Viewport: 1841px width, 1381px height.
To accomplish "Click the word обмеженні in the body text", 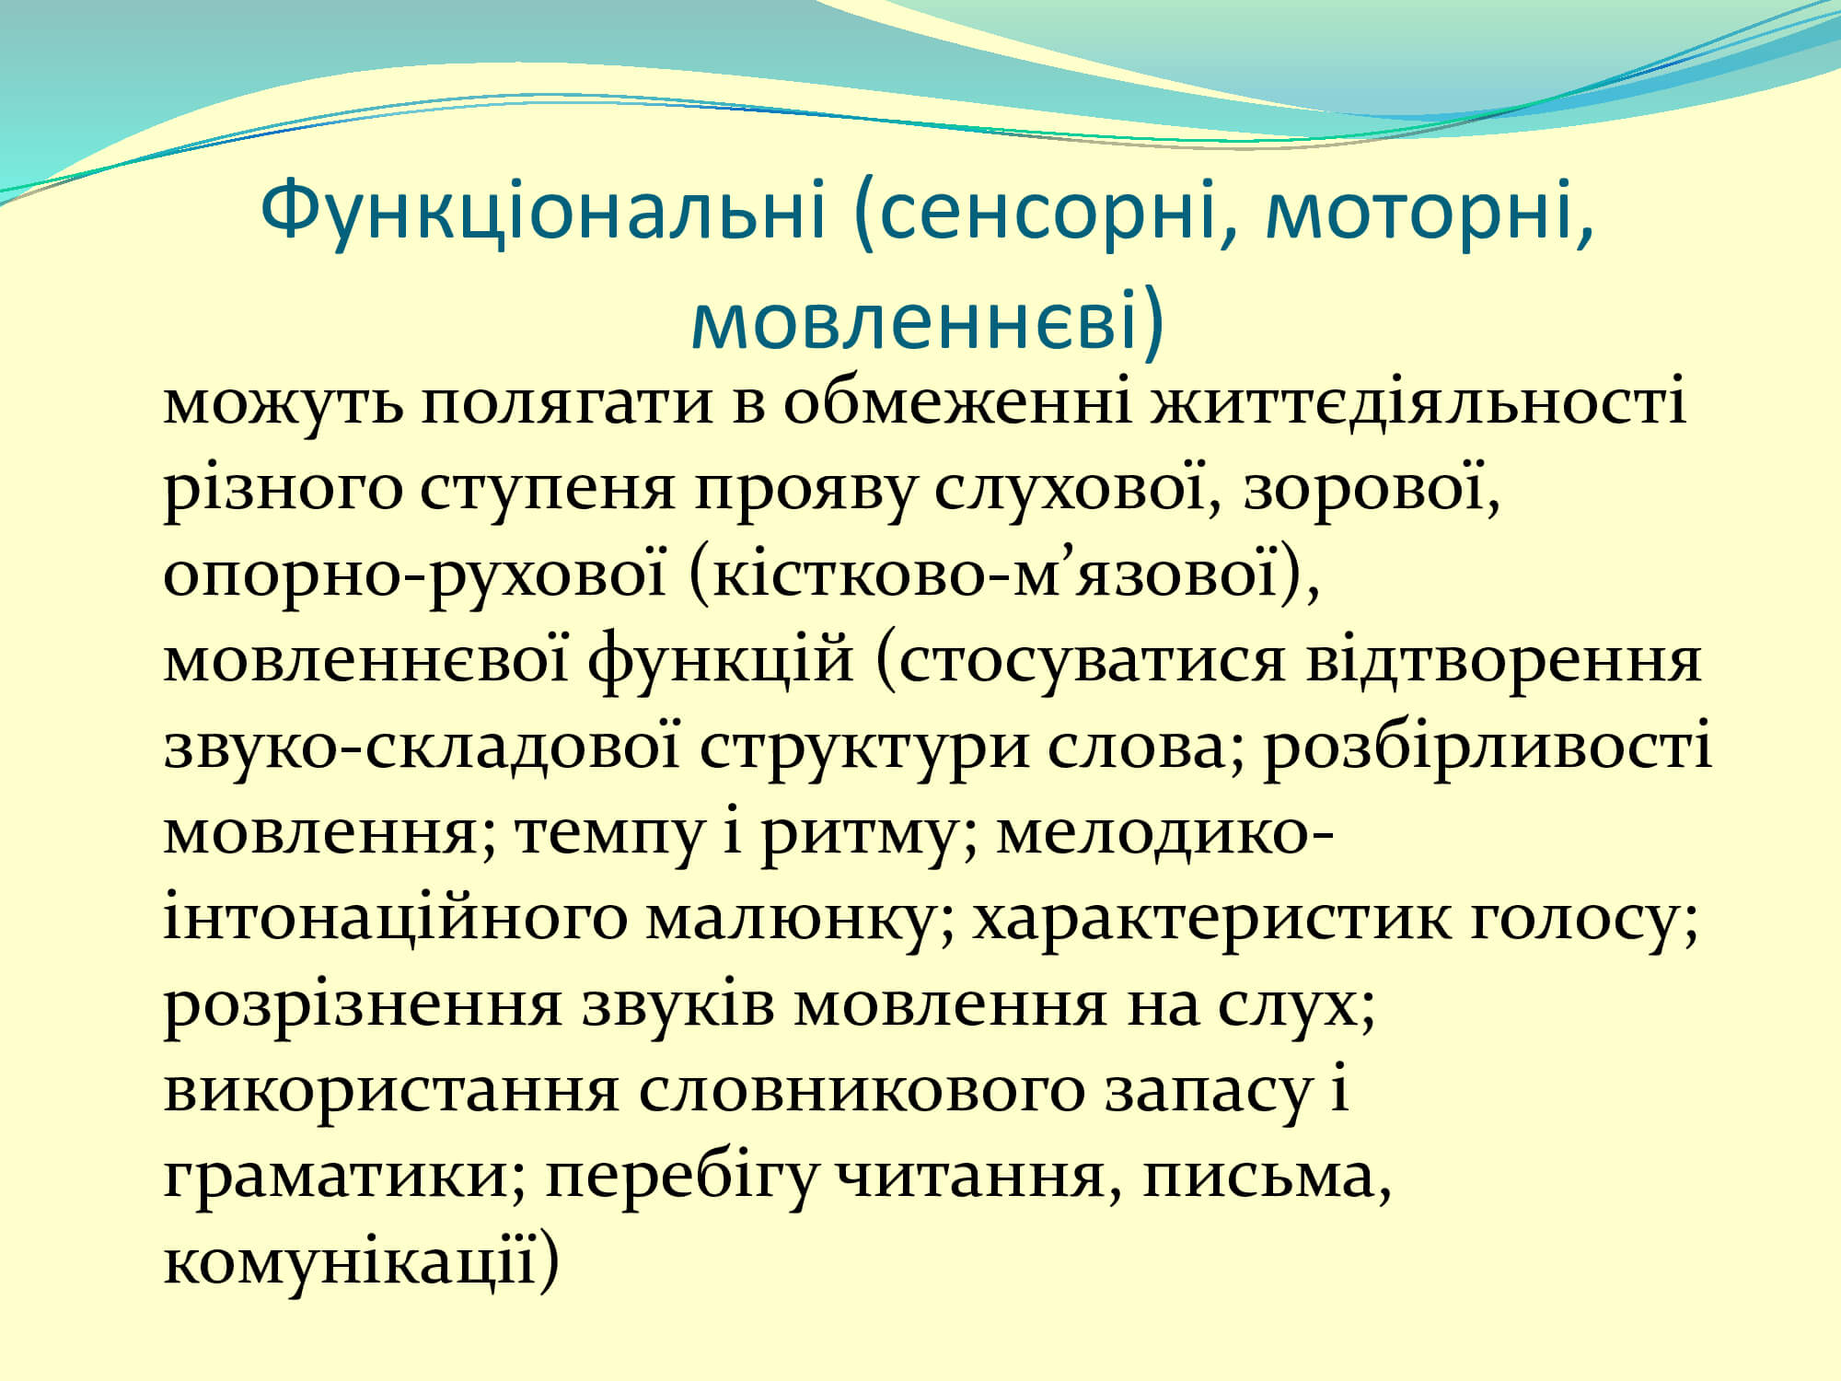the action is click(x=957, y=403).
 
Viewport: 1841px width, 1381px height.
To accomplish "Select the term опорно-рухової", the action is click(x=415, y=576).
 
